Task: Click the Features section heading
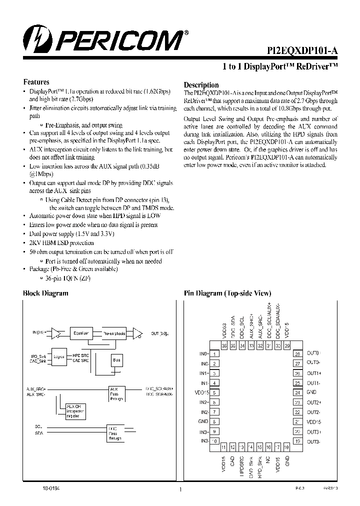coord(36,82)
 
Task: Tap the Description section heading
coord(201,85)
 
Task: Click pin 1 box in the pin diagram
coord(214,353)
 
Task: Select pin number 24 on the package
coord(297,392)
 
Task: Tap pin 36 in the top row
coord(224,345)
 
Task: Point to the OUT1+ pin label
coord(313,373)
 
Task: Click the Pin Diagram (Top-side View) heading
coord(227,293)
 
